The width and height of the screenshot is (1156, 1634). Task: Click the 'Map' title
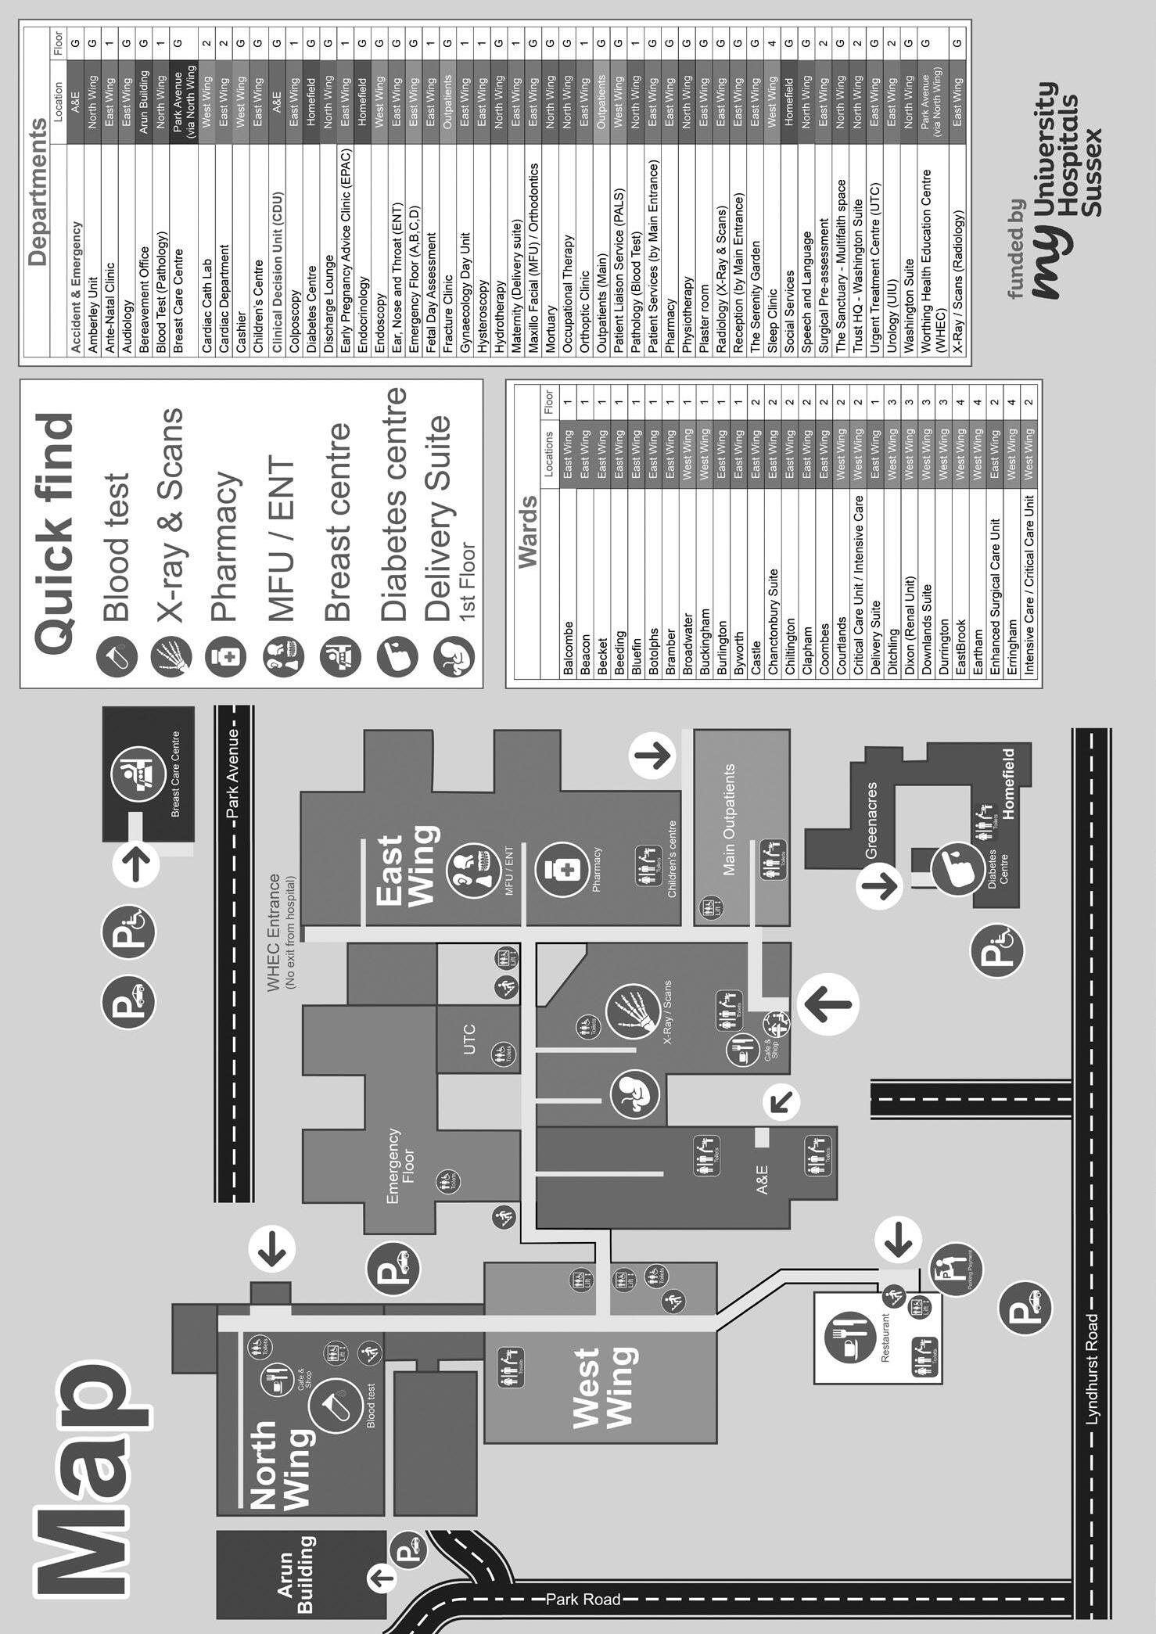(82, 1478)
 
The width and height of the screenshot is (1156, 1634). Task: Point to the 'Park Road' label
(583, 1599)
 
